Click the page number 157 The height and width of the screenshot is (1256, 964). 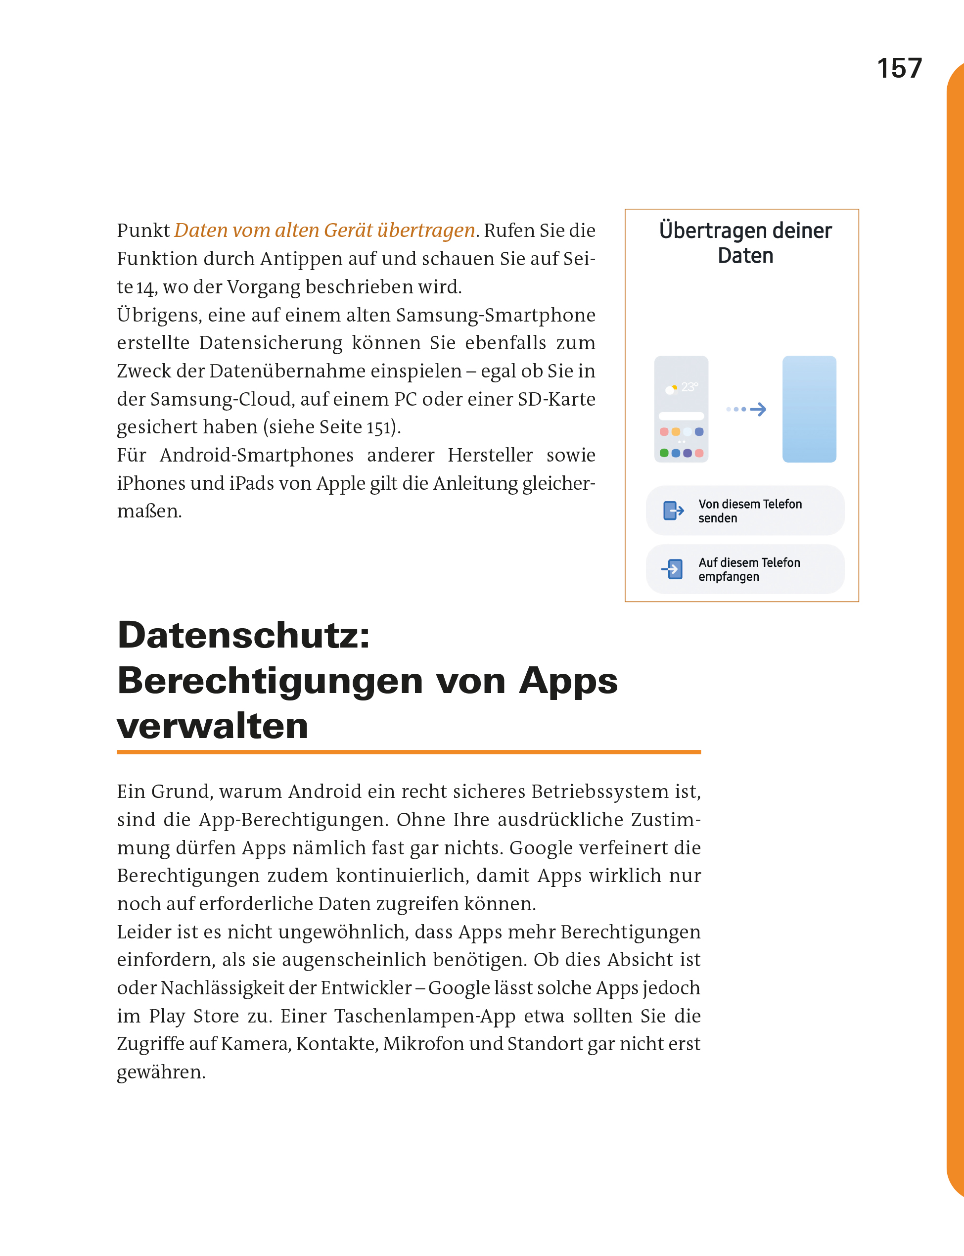pos(899,68)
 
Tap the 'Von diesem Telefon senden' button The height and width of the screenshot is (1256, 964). pos(745,511)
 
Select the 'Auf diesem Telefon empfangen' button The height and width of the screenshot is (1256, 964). pos(745,569)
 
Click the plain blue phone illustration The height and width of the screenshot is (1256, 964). pos(809,409)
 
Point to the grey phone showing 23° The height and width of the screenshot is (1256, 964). pos(681,409)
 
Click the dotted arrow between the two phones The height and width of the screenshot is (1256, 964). pos(746,409)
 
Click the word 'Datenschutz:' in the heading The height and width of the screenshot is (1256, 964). pos(244,636)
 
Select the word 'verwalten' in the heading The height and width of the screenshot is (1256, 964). pos(212,726)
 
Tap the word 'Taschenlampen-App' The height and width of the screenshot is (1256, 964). pos(425,1016)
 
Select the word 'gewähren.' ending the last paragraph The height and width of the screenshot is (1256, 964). pos(161,1072)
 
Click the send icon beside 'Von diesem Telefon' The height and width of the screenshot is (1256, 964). pos(673,511)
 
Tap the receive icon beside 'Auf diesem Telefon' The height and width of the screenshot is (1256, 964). pos(673,569)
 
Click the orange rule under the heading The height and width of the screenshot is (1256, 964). pos(409,751)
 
